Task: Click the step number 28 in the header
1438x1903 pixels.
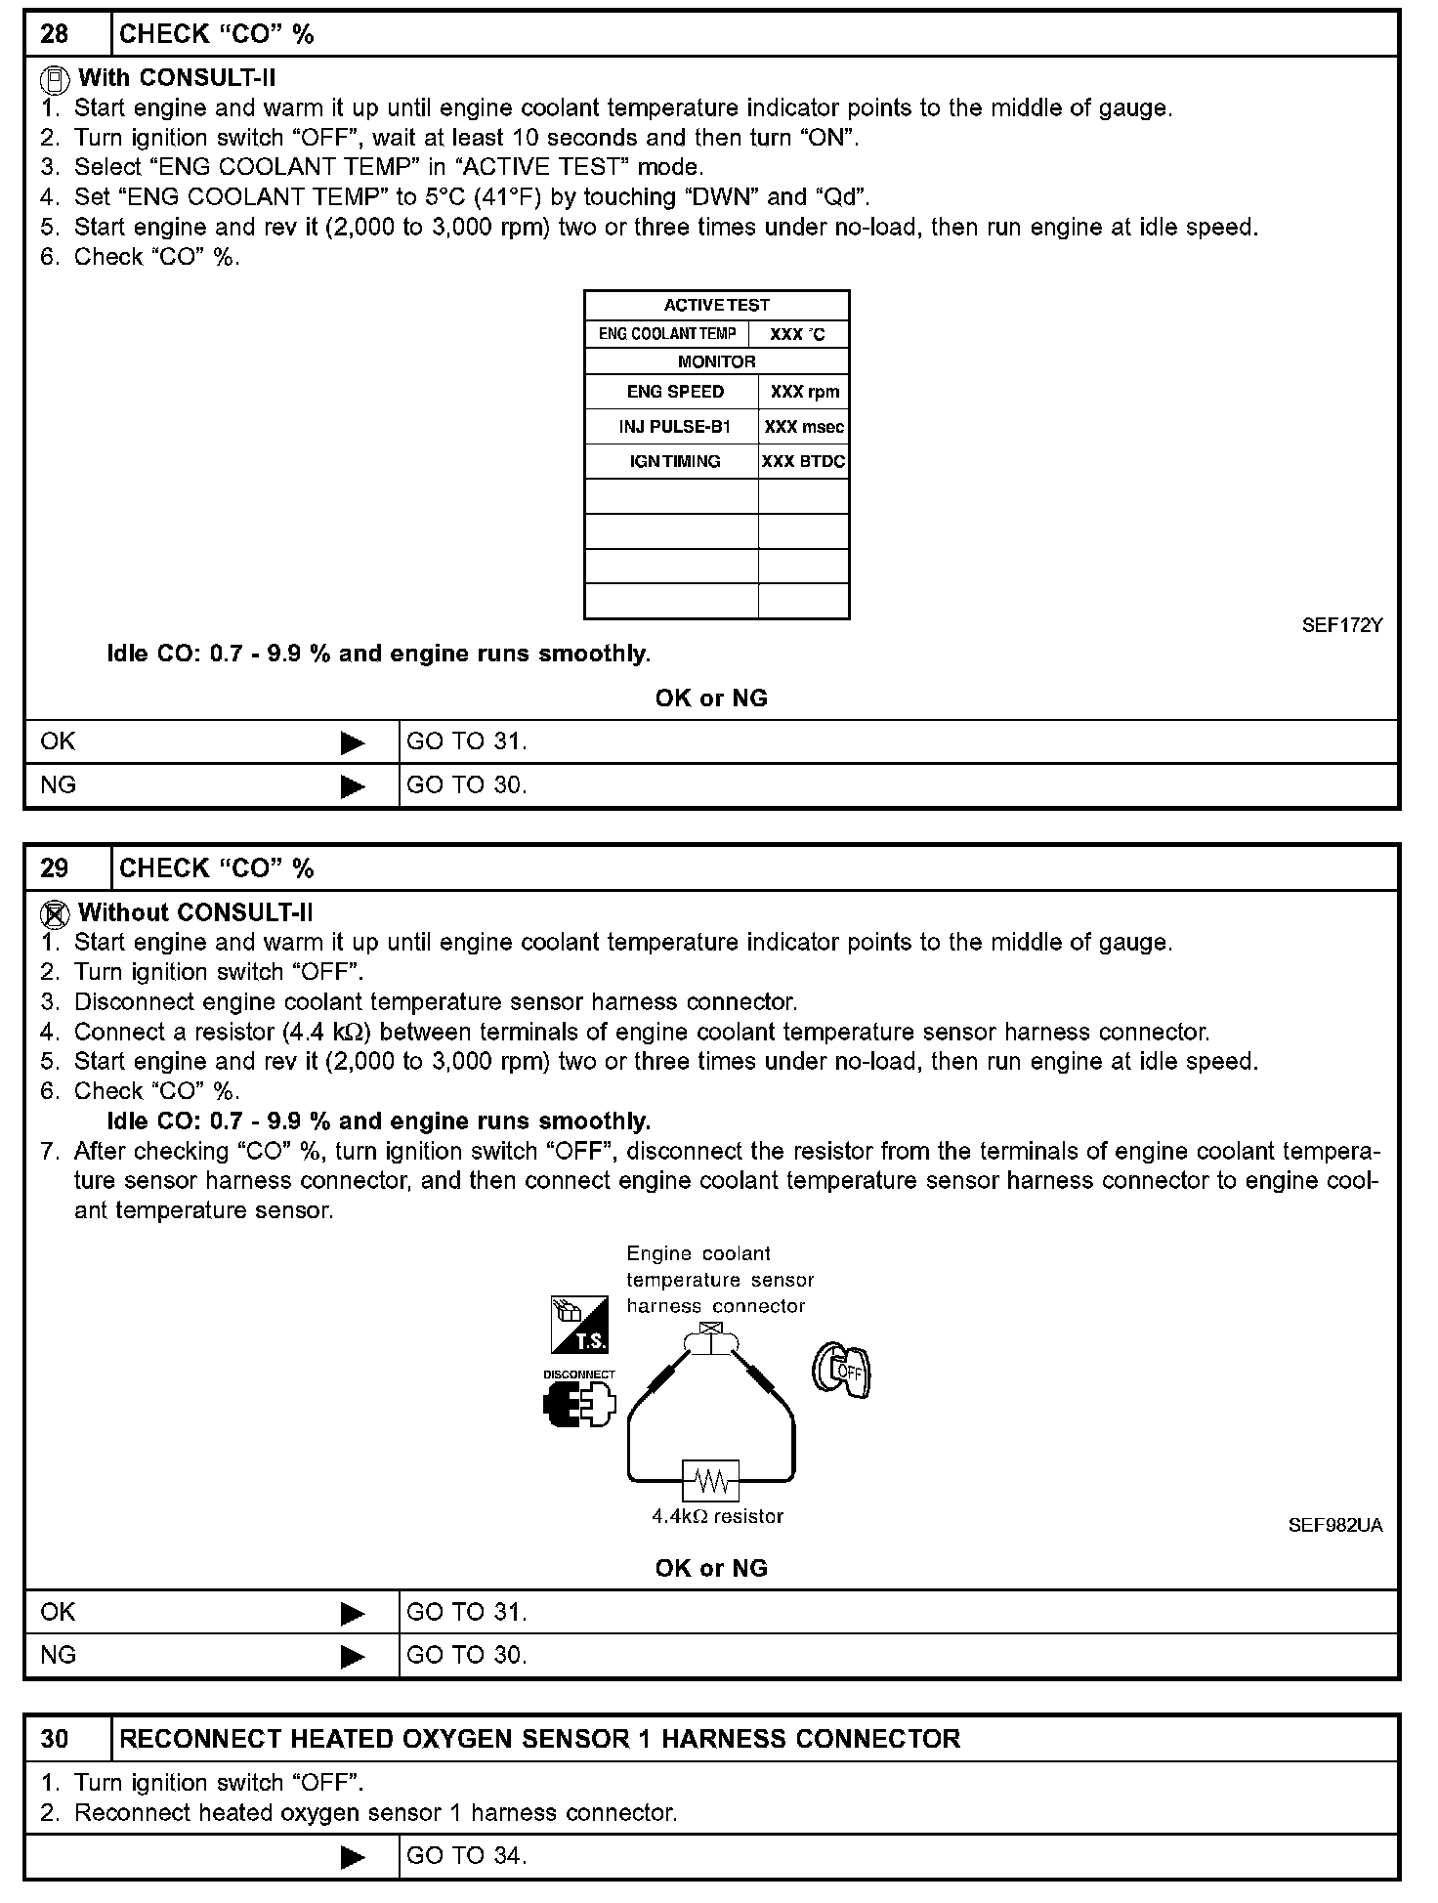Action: click(x=55, y=34)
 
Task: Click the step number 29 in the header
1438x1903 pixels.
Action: click(x=55, y=868)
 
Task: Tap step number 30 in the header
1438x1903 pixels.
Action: click(x=55, y=1739)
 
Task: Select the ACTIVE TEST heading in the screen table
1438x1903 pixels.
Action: click(x=716, y=305)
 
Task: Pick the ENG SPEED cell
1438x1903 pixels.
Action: click(x=674, y=392)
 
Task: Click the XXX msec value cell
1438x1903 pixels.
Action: click(x=804, y=427)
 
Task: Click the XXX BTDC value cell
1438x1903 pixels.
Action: click(x=803, y=461)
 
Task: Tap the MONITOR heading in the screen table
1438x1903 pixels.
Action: click(x=716, y=361)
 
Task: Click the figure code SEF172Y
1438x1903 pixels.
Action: click(x=1341, y=626)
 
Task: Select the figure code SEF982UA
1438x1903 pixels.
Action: click(x=1334, y=1525)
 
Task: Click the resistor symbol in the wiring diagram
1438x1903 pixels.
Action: click(x=711, y=1481)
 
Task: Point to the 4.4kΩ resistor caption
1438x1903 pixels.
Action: click(x=717, y=1516)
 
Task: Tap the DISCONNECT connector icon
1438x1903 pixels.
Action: click(x=579, y=1402)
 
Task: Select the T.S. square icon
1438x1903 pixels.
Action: click(x=579, y=1325)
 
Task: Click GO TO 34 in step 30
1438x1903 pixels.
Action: click(x=466, y=1855)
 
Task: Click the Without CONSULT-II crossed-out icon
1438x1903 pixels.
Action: click(x=55, y=914)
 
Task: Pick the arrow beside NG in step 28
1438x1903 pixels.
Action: click(x=352, y=786)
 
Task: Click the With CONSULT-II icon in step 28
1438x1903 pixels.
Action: click(x=55, y=78)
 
